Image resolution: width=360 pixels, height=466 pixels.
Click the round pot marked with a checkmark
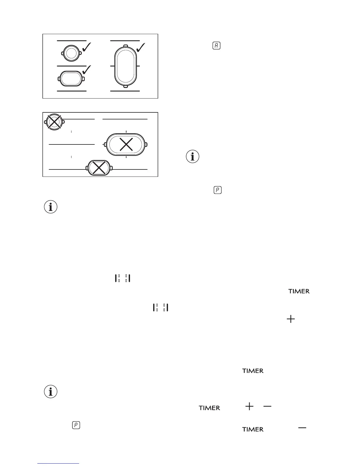pos(71,53)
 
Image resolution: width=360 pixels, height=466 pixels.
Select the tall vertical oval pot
pos(126,66)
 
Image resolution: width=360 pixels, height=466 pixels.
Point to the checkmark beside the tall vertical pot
pos(141,47)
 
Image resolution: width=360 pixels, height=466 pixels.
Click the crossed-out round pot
pos(54,122)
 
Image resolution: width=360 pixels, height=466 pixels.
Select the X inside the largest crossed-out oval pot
pos(126,144)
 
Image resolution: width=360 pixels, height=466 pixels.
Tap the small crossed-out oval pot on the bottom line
pos(99,168)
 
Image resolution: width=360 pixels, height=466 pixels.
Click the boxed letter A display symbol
pos(216,46)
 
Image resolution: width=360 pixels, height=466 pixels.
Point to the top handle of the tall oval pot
pos(126,46)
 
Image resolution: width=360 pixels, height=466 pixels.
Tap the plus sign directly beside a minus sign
pos(249,407)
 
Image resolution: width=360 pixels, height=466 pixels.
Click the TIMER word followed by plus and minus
pos(209,408)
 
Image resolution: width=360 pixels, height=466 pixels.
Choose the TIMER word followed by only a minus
pos(253,430)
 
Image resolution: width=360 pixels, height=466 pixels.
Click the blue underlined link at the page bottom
pos(59,464)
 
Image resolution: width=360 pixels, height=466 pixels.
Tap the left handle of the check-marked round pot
pos(62,54)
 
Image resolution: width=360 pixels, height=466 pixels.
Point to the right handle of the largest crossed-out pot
pos(146,145)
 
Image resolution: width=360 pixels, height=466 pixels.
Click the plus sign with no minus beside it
pos(291,319)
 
